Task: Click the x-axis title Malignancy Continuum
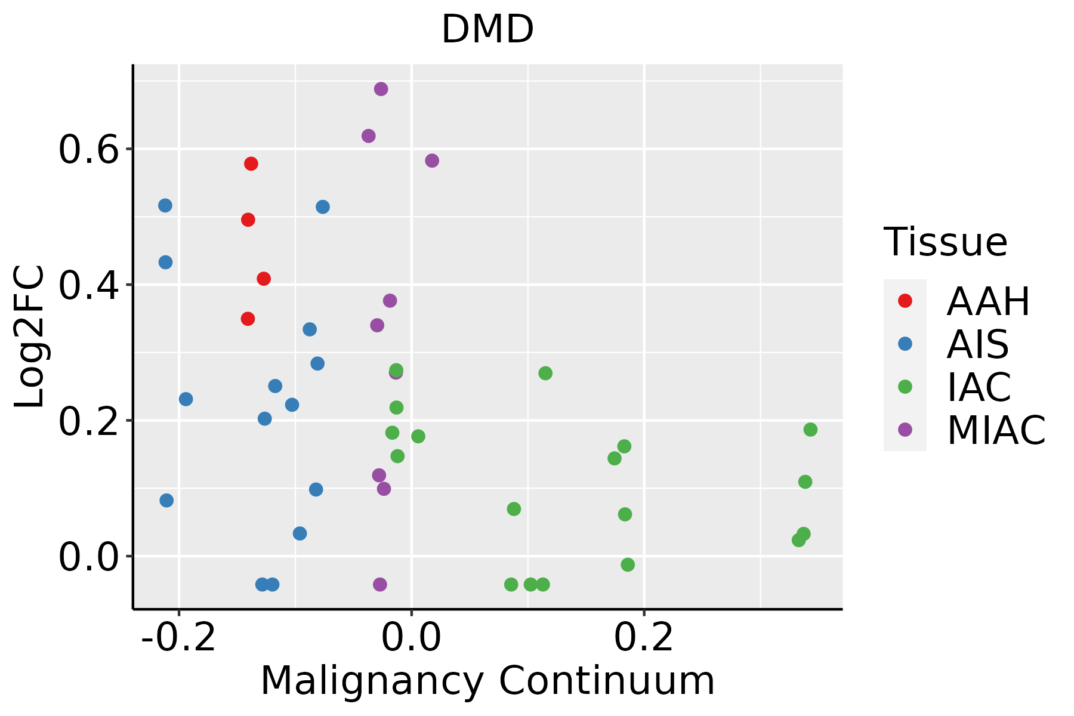pyautogui.click(x=487, y=680)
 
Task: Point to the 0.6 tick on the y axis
pyautogui.click(x=88, y=149)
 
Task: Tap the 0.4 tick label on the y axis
pyautogui.click(x=88, y=285)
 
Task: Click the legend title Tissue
pyautogui.click(x=946, y=242)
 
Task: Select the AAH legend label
pyautogui.click(x=988, y=301)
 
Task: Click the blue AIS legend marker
pyautogui.click(x=905, y=344)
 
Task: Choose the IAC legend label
pyautogui.click(x=979, y=387)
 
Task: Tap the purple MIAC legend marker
pyautogui.click(x=905, y=430)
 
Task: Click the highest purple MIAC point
pyautogui.click(x=381, y=89)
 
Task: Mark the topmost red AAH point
pyautogui.click(x=251, y=164)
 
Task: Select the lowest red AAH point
pyautogui.click(x=248, y=319)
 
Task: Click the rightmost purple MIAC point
pyautogui.click(x=432, y=161)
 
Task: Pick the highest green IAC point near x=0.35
pyautogui.click(x=810, y=430)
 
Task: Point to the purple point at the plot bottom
pyautogui.click(x=380, y=584)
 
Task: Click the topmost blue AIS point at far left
pyautogui.click(x=165, y=205)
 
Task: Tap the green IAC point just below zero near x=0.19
pyautogui.click(x=628, y=564)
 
